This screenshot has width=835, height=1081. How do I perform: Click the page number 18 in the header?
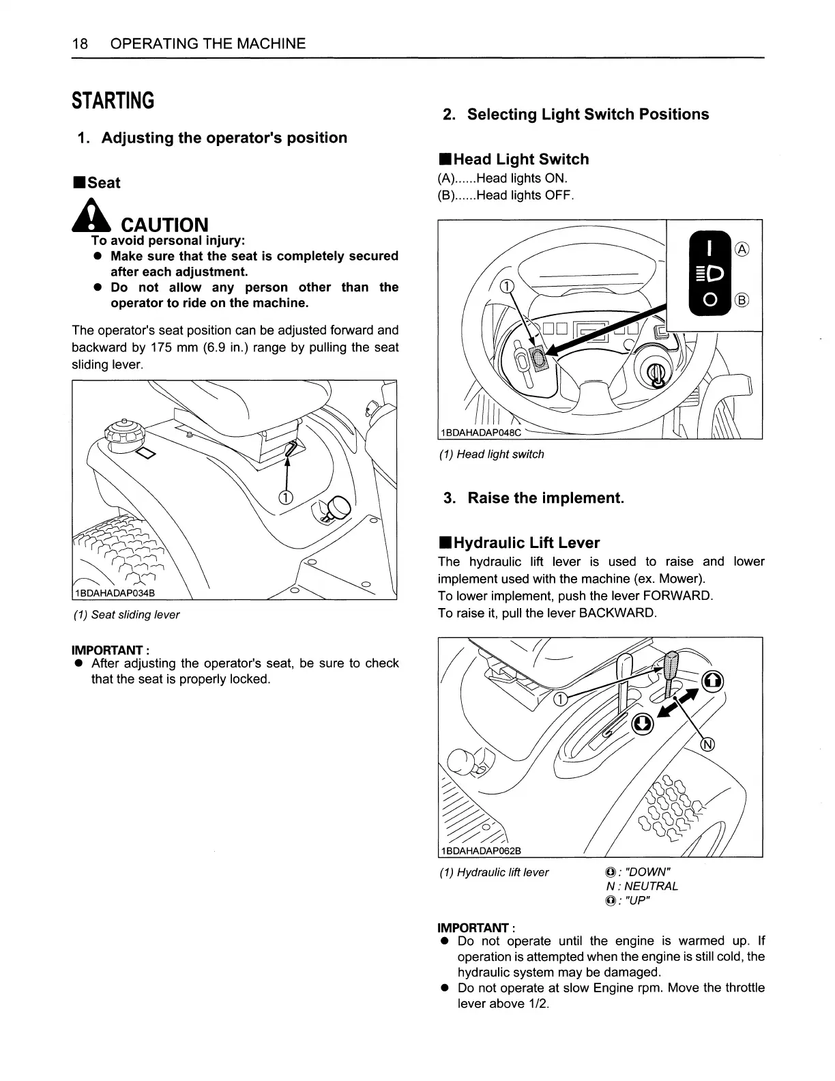[80, 44]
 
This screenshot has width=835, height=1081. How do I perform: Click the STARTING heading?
[113, 101]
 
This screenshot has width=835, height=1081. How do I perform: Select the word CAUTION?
[164, 225]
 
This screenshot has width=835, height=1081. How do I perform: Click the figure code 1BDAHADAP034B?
[115, 592]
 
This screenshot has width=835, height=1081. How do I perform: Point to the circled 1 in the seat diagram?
[287, 496]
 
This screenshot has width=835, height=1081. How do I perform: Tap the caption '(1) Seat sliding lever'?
[126, 615]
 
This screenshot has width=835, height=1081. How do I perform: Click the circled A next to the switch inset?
[742, 250]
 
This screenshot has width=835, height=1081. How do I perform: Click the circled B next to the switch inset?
[742, 300]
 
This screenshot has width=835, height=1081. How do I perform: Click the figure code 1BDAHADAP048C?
[481, 433]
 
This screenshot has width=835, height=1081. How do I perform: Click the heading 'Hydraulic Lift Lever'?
[526, 543]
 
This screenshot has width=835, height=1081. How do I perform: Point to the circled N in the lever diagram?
[708, 744]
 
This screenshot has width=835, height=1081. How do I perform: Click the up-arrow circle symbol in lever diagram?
[712, 680]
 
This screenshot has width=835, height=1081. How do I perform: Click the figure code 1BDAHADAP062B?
[481, 850]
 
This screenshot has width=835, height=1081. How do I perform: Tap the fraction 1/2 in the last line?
[537, 1004]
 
